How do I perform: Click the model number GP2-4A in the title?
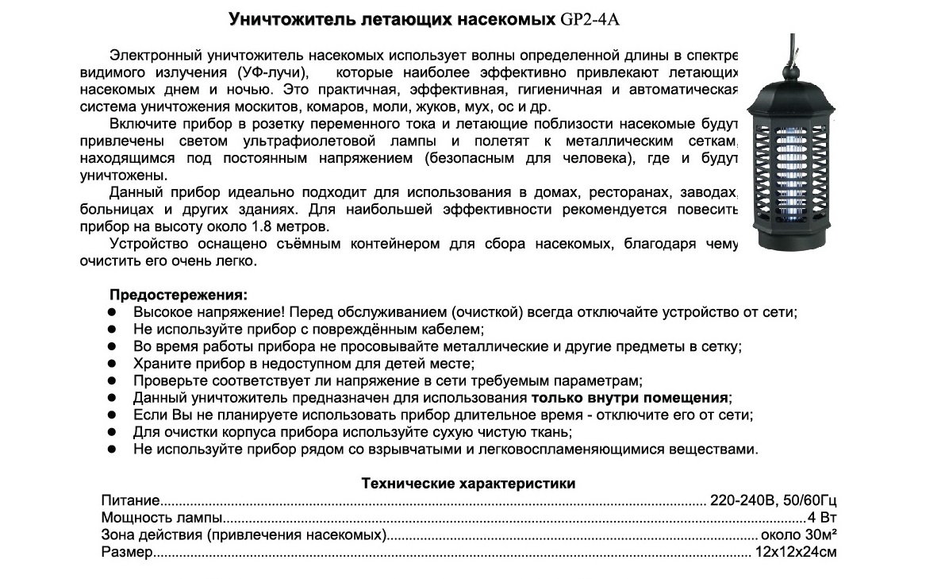pos(590,18)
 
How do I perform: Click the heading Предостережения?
pos(178,295)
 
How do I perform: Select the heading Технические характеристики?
pos(468,483)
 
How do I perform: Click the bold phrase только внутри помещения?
pos(630,398)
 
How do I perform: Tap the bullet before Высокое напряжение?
pos(113,312)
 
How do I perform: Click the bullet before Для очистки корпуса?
pos(113,432)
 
